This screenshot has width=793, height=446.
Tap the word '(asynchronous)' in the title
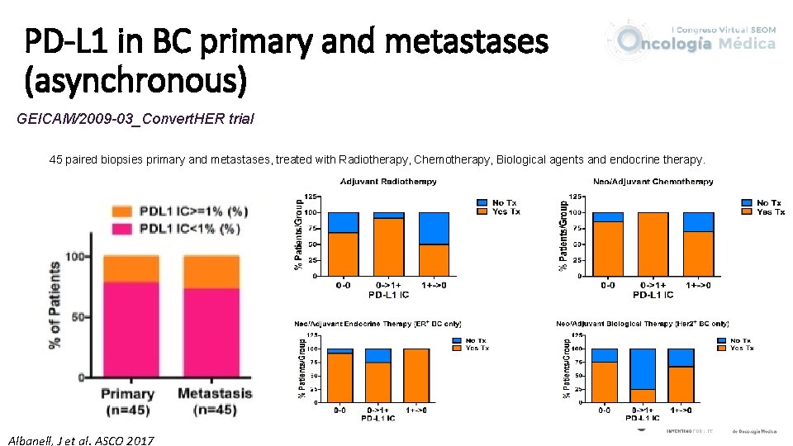[136, 80]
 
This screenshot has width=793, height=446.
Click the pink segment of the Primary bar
[131, 330]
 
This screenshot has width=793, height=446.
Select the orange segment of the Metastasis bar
[211, 272]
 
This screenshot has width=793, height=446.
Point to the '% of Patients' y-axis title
[55, 305]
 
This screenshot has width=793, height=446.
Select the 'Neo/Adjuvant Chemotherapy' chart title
[653, 181]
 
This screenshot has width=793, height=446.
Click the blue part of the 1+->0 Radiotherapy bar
[433, 228]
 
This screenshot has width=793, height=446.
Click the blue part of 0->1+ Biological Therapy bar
[642, 368]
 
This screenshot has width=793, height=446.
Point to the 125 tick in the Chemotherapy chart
[577, 197]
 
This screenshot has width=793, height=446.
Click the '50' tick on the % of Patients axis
[79, 317]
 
